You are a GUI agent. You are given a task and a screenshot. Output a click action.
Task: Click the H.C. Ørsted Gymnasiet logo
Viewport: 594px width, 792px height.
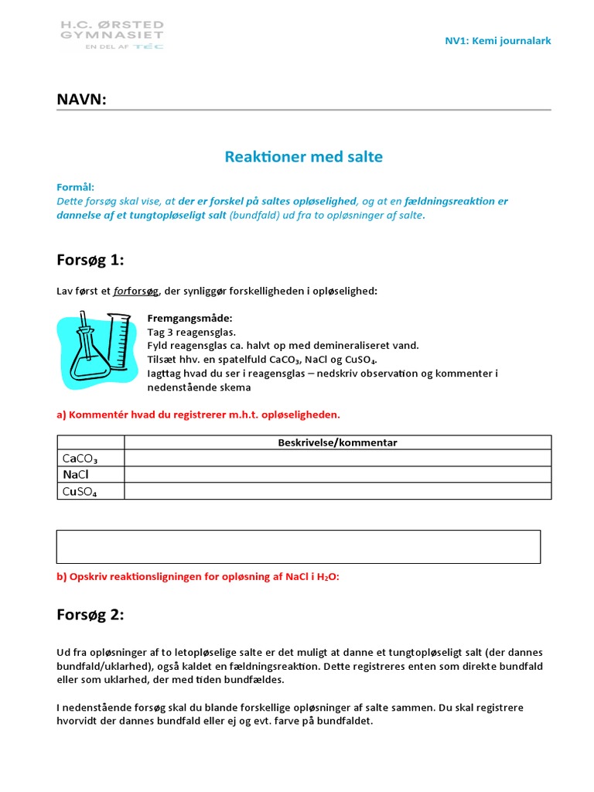click(x=112, y=35)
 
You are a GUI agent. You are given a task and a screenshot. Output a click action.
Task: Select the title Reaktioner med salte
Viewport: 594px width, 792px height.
click(x=303, y=157)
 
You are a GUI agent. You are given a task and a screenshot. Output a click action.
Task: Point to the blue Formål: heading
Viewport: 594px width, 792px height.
click(x=76, y=187)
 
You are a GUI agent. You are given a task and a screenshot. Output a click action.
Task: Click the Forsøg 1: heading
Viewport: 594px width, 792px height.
click(x=90, y=260)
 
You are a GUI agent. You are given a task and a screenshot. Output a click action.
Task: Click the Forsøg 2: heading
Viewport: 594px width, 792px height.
click(x=90, y=615)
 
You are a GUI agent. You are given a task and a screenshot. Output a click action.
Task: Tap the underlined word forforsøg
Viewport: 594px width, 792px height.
click(x=136, y=291)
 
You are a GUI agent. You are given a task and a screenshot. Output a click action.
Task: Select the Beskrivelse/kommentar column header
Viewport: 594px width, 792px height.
click(x=337, y=442)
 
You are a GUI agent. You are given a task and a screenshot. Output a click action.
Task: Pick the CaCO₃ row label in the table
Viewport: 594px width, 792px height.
click(x=79, y=459)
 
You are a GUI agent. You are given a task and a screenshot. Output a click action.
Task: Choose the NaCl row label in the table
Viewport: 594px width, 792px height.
click(x=76, y=475)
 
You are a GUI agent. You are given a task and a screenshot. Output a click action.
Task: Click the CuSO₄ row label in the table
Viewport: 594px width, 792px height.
click(x=79, y=491)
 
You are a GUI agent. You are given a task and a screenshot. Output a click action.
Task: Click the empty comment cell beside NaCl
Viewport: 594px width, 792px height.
click(x=337, y=475)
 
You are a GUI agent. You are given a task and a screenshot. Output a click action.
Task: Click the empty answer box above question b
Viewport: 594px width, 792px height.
click(x=299, y=546)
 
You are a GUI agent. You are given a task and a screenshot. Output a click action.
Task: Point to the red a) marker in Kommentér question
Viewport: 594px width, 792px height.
click(x=62, y=415)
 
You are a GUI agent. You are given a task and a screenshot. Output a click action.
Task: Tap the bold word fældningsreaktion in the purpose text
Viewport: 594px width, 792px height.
click(x=450, y=201)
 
